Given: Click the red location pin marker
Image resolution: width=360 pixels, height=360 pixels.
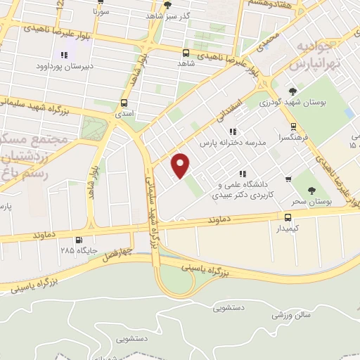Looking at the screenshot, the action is click(x=181, y=166).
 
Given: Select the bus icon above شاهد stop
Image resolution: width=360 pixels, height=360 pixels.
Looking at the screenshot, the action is click(x=186, y=53).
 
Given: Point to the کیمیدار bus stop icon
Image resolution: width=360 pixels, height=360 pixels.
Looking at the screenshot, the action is click(x=288, y=217).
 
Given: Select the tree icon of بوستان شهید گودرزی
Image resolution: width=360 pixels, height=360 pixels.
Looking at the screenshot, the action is click(x=292, y=91).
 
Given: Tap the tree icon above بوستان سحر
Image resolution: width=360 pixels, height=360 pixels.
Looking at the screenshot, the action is click(x=313, y=190).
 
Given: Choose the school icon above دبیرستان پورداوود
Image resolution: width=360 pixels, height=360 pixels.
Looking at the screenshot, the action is click(x=65, y=54).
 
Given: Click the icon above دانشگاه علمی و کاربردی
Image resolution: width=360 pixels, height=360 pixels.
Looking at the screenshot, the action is click(x=243, y=174).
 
